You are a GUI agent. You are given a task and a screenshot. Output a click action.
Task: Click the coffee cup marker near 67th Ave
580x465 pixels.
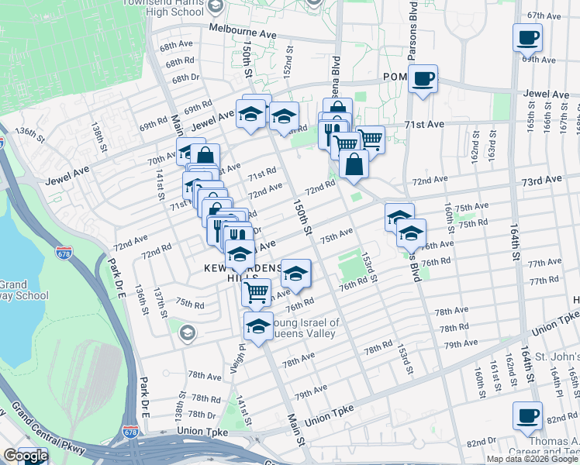click(527, 37)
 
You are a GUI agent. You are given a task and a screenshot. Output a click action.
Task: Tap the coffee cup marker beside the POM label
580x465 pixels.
click(423, 79)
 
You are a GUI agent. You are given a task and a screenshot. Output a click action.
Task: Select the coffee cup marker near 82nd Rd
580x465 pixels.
click(527, 415)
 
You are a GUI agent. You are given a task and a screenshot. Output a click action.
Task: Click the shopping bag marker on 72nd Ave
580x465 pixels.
click(354, 164)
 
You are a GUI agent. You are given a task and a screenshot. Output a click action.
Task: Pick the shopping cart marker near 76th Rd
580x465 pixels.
click(256, 293)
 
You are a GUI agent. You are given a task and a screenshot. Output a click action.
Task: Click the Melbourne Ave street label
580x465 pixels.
click(243, 34)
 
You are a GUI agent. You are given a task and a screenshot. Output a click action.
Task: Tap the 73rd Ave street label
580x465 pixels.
click(541, 180)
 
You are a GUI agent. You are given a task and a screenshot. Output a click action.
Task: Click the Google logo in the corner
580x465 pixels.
click(25, 456)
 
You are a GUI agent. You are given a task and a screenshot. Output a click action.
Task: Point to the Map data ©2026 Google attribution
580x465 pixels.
click(532, 459)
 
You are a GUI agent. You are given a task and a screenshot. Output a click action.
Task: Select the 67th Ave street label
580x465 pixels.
click(542, 15)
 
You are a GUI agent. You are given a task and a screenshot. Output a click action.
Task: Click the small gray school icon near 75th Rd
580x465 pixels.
click(186, 333)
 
